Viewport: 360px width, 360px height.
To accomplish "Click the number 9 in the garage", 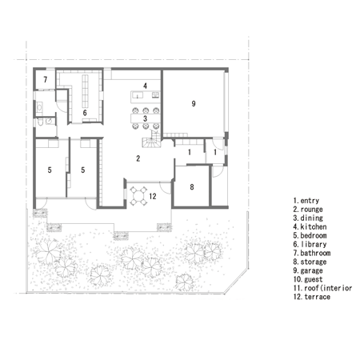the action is coord(194,103).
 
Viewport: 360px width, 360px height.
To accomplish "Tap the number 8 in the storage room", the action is coord(192,187).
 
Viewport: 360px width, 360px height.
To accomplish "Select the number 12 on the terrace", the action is coord(153,196).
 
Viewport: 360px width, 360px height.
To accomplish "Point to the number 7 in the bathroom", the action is coord(46,79).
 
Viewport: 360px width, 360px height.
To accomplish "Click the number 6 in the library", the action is coord(85,113).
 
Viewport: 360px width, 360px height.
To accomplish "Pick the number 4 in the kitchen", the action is coord(145,86).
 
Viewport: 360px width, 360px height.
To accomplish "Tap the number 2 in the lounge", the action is coord(138,158).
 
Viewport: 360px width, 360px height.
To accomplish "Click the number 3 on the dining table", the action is coord(145,118).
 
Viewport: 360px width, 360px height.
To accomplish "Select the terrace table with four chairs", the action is coord(138,196).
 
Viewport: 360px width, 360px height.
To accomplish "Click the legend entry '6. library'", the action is coord(310,244).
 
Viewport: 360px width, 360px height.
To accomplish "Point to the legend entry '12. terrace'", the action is coord(312,297).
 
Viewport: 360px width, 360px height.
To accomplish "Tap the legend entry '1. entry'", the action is coord(306,201).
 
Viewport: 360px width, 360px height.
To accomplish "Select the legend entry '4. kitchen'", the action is coord(310,227).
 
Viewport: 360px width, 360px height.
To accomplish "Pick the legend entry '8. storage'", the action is coord(310,262).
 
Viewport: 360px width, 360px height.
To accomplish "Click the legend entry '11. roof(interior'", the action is coord(322,288).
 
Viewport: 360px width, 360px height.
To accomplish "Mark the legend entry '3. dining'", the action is coord(308,218).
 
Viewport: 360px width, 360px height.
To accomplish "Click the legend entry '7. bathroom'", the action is coord(312,253).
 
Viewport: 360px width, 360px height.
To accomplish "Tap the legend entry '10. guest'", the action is coord(308,279).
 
